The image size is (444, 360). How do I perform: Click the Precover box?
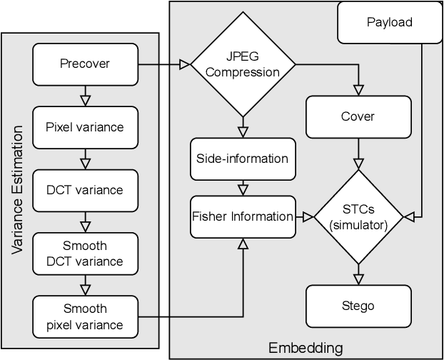85,64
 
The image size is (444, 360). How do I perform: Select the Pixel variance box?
85,127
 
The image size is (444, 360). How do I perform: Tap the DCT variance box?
85,190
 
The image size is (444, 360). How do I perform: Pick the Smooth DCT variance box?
85,254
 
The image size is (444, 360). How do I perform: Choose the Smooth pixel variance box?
85,317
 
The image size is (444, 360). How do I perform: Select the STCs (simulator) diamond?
359,215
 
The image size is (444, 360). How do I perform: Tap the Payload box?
389,22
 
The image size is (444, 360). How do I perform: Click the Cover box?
359,116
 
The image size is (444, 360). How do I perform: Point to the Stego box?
359,306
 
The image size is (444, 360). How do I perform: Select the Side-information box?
242,158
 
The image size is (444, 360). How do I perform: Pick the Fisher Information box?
242,216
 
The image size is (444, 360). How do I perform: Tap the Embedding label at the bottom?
306,348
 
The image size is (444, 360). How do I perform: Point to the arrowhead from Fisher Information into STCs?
310,216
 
